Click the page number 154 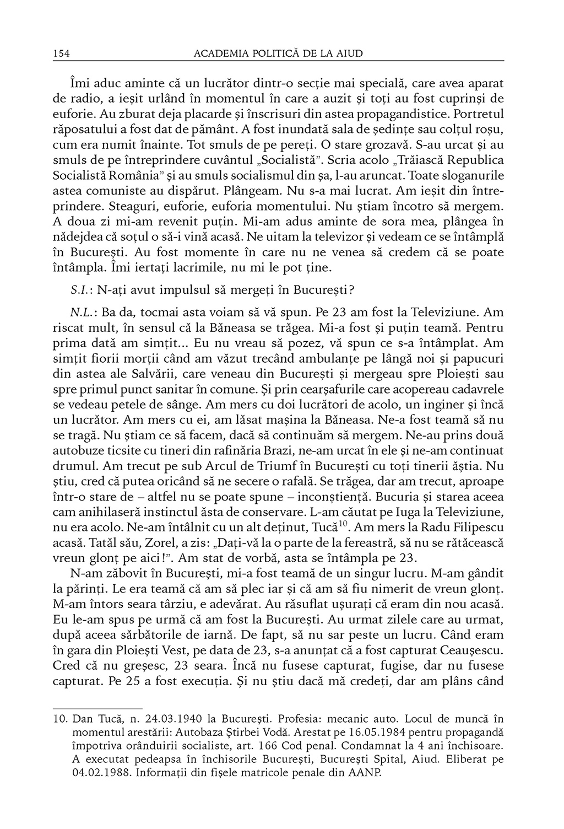pyautogui.click(x=60, y=53)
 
